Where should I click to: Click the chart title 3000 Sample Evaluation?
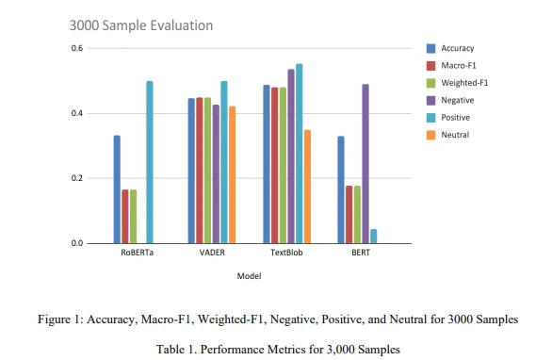click(141, 25)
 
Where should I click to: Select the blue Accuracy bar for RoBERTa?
click(117, 189)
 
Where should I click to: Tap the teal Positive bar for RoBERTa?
click(150, 162)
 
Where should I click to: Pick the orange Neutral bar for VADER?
click(233, 174)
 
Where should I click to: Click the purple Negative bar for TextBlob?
click(291, 156)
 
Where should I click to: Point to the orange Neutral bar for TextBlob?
click(307, 187)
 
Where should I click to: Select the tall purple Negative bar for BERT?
click(365, 164)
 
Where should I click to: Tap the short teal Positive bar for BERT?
click(374, 236)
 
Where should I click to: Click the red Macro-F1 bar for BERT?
click(349, 215)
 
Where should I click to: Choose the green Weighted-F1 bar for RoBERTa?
click(133, 216)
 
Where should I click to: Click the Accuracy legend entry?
click(450, 48)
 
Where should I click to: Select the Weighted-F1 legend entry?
click(457, 83)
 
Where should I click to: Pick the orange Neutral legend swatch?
click(430, 135)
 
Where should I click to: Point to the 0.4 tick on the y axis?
click(77, 113)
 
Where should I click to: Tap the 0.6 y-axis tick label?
click(77, 48)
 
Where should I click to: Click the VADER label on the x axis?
click(212, 253)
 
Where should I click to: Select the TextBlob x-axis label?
click(286, 253)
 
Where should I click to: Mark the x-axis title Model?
click(249, 276)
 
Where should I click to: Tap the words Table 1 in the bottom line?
click(175, 350)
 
